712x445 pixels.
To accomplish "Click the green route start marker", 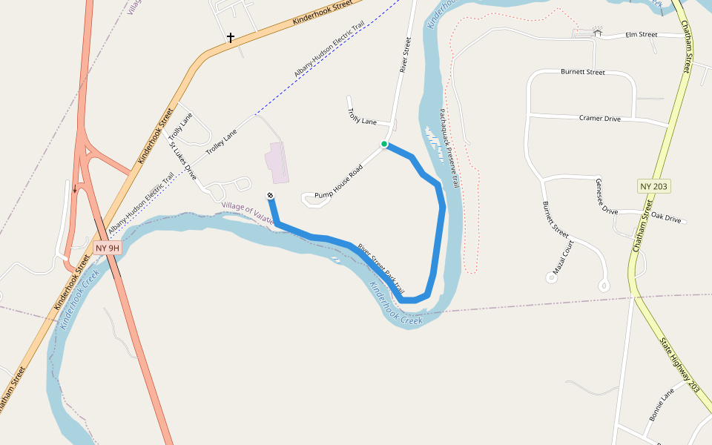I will pos(384,144).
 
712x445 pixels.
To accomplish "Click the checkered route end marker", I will pos(271,195).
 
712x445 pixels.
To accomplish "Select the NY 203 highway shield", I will pos(653,186).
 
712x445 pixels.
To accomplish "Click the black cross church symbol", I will pos(231,37).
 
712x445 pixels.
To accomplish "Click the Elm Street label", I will pos(642,35).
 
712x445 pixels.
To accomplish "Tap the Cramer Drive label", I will pos(599,119).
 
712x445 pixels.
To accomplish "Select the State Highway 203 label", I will pos(680,365).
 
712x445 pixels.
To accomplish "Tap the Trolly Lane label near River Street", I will pos(362,118).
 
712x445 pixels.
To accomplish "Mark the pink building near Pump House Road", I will pos(275,162).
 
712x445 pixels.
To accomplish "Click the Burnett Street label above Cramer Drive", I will pos(582,73).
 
